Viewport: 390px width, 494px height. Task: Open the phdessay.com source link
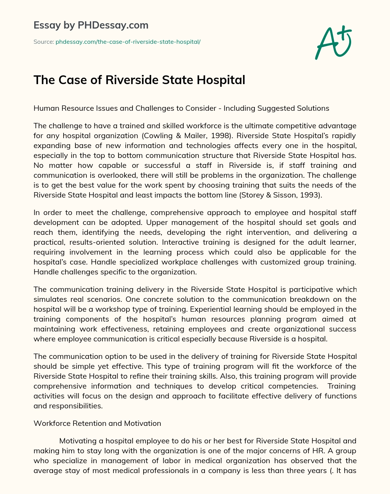(x=128, y=42)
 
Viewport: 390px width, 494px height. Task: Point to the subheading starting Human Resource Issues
(x=181, y=108)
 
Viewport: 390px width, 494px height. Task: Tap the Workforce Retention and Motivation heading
(x=97, y=423)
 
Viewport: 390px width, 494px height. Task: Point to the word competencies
(x=293, y=386)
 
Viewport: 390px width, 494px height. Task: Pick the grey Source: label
(x=44, y=42)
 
